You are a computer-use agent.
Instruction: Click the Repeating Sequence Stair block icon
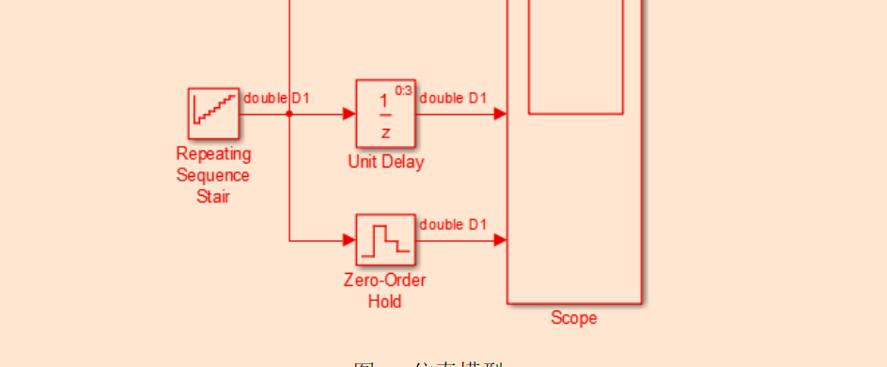(213, 113)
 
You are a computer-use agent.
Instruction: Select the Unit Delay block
(385, 113)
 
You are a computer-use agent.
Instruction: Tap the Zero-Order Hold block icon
(385, 240)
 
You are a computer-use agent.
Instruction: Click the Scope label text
(573, 318)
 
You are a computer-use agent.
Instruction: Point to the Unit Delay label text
(385, 162)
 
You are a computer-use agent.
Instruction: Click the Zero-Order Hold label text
(385, 291)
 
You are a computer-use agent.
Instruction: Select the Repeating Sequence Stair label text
(213, 175)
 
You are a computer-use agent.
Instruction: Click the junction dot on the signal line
(289, 114)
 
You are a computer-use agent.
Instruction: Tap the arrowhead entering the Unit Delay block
(349, 114)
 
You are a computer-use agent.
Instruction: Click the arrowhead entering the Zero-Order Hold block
(349, 240)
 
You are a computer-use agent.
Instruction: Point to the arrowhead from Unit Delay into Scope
(501, 114)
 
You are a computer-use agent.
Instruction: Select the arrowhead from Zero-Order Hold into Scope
(501, 240)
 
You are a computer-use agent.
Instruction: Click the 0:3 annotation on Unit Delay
(403, 90)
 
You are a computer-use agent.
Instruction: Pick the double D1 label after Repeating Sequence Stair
(277, 98)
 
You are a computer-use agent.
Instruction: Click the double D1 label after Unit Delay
(453, 98)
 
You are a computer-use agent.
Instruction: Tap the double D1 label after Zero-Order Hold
(453, 224)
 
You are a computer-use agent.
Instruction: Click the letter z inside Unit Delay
(384, 131)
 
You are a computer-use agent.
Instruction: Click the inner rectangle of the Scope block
(576, 56)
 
